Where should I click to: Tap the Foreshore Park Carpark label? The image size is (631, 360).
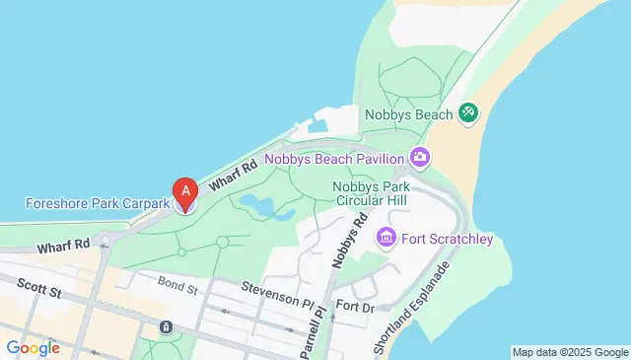tap(96, 204)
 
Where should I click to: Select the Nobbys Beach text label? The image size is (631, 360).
tap(408, 113)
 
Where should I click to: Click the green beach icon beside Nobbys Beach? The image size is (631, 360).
tap(468, 114)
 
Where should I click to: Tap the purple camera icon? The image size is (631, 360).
tap(421, 157)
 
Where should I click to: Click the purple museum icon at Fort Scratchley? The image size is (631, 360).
tap(386, 238)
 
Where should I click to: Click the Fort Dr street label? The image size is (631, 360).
tap(355, 307)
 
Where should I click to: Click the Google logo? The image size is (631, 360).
tap(33, 347)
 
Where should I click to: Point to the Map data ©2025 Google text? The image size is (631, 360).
tap(570, 352)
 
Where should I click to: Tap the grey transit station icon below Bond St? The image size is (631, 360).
tap(166, 327)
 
